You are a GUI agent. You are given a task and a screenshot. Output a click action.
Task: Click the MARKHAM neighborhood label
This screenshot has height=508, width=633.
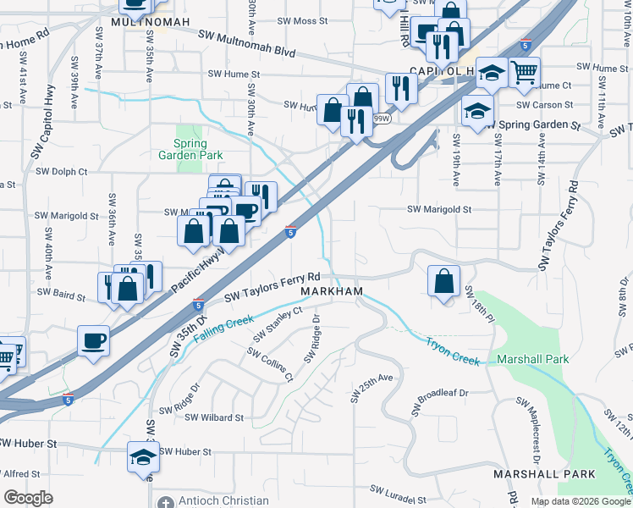[332, 291]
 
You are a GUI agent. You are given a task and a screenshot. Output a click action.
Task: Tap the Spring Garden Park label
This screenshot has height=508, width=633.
[191, 149]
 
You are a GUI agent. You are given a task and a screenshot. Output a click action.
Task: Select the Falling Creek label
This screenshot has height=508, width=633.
[223, 329]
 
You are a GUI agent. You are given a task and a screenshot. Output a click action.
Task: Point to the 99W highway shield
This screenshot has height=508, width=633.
[382, 120]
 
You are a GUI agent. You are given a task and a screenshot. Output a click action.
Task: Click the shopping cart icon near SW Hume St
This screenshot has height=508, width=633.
[525, 73]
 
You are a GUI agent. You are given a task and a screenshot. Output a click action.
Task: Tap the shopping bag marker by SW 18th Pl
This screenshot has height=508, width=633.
[443, 281]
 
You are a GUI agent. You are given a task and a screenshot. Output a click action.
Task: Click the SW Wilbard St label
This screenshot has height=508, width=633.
[214, 417]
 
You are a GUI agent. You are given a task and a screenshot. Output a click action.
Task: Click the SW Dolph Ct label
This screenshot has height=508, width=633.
[61, 171]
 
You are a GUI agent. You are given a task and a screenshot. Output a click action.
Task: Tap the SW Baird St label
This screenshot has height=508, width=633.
[62, 296]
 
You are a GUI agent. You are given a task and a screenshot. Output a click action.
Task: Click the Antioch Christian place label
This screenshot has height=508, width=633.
[223, 500]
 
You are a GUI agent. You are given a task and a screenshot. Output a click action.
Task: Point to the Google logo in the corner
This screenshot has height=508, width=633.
[28, 498]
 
